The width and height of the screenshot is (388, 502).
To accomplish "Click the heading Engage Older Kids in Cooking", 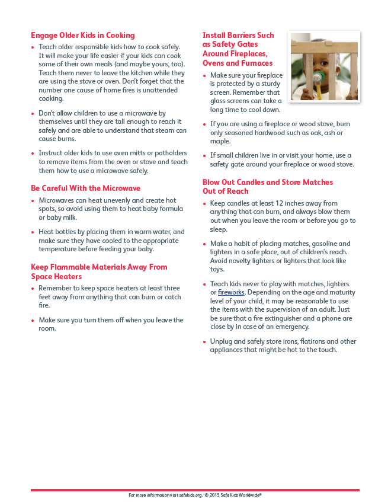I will pos(83,35).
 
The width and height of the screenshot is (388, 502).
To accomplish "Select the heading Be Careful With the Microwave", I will pos(86,188).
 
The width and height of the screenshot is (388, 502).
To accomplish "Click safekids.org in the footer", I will pos(191,495).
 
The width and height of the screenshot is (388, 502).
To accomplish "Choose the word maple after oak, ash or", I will pos(220,142).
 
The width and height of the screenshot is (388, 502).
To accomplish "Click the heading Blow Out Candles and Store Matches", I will pos(268,182).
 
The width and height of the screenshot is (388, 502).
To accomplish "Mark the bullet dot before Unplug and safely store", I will pos(205,342).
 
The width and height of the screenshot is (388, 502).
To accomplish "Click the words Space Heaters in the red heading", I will pos(56,276).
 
